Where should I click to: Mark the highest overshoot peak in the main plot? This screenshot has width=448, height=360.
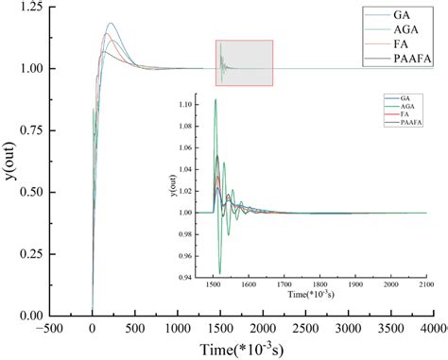(111, 24)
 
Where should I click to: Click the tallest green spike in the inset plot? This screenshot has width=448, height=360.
(215, 99)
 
